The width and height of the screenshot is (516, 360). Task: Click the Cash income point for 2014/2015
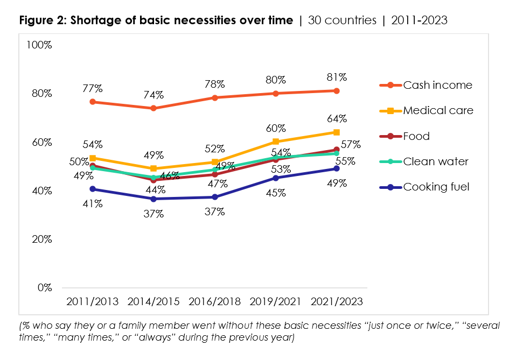(x=154, y=108)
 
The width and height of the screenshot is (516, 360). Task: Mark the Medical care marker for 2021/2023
(x=336, y=132)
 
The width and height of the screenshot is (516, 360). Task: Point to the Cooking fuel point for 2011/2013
(x=93, y=189)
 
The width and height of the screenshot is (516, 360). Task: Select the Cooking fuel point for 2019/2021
(x=276, y=178)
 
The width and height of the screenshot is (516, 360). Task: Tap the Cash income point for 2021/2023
(x=336, y=90)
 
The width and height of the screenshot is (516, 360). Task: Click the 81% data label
(x=336, y=77)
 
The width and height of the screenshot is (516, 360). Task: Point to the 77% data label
(x=92, y=88)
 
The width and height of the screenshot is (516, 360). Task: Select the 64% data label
(x=336, y=118)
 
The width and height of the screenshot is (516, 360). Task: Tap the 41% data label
(x=92, y=204)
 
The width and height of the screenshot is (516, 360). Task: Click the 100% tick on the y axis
(x=39, y=45)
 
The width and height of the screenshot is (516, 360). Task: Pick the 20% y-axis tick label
(x=41, y=239)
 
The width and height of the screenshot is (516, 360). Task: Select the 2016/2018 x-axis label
(x=214, y=301)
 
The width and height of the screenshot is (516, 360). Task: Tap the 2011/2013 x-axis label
(x=92, y=301)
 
